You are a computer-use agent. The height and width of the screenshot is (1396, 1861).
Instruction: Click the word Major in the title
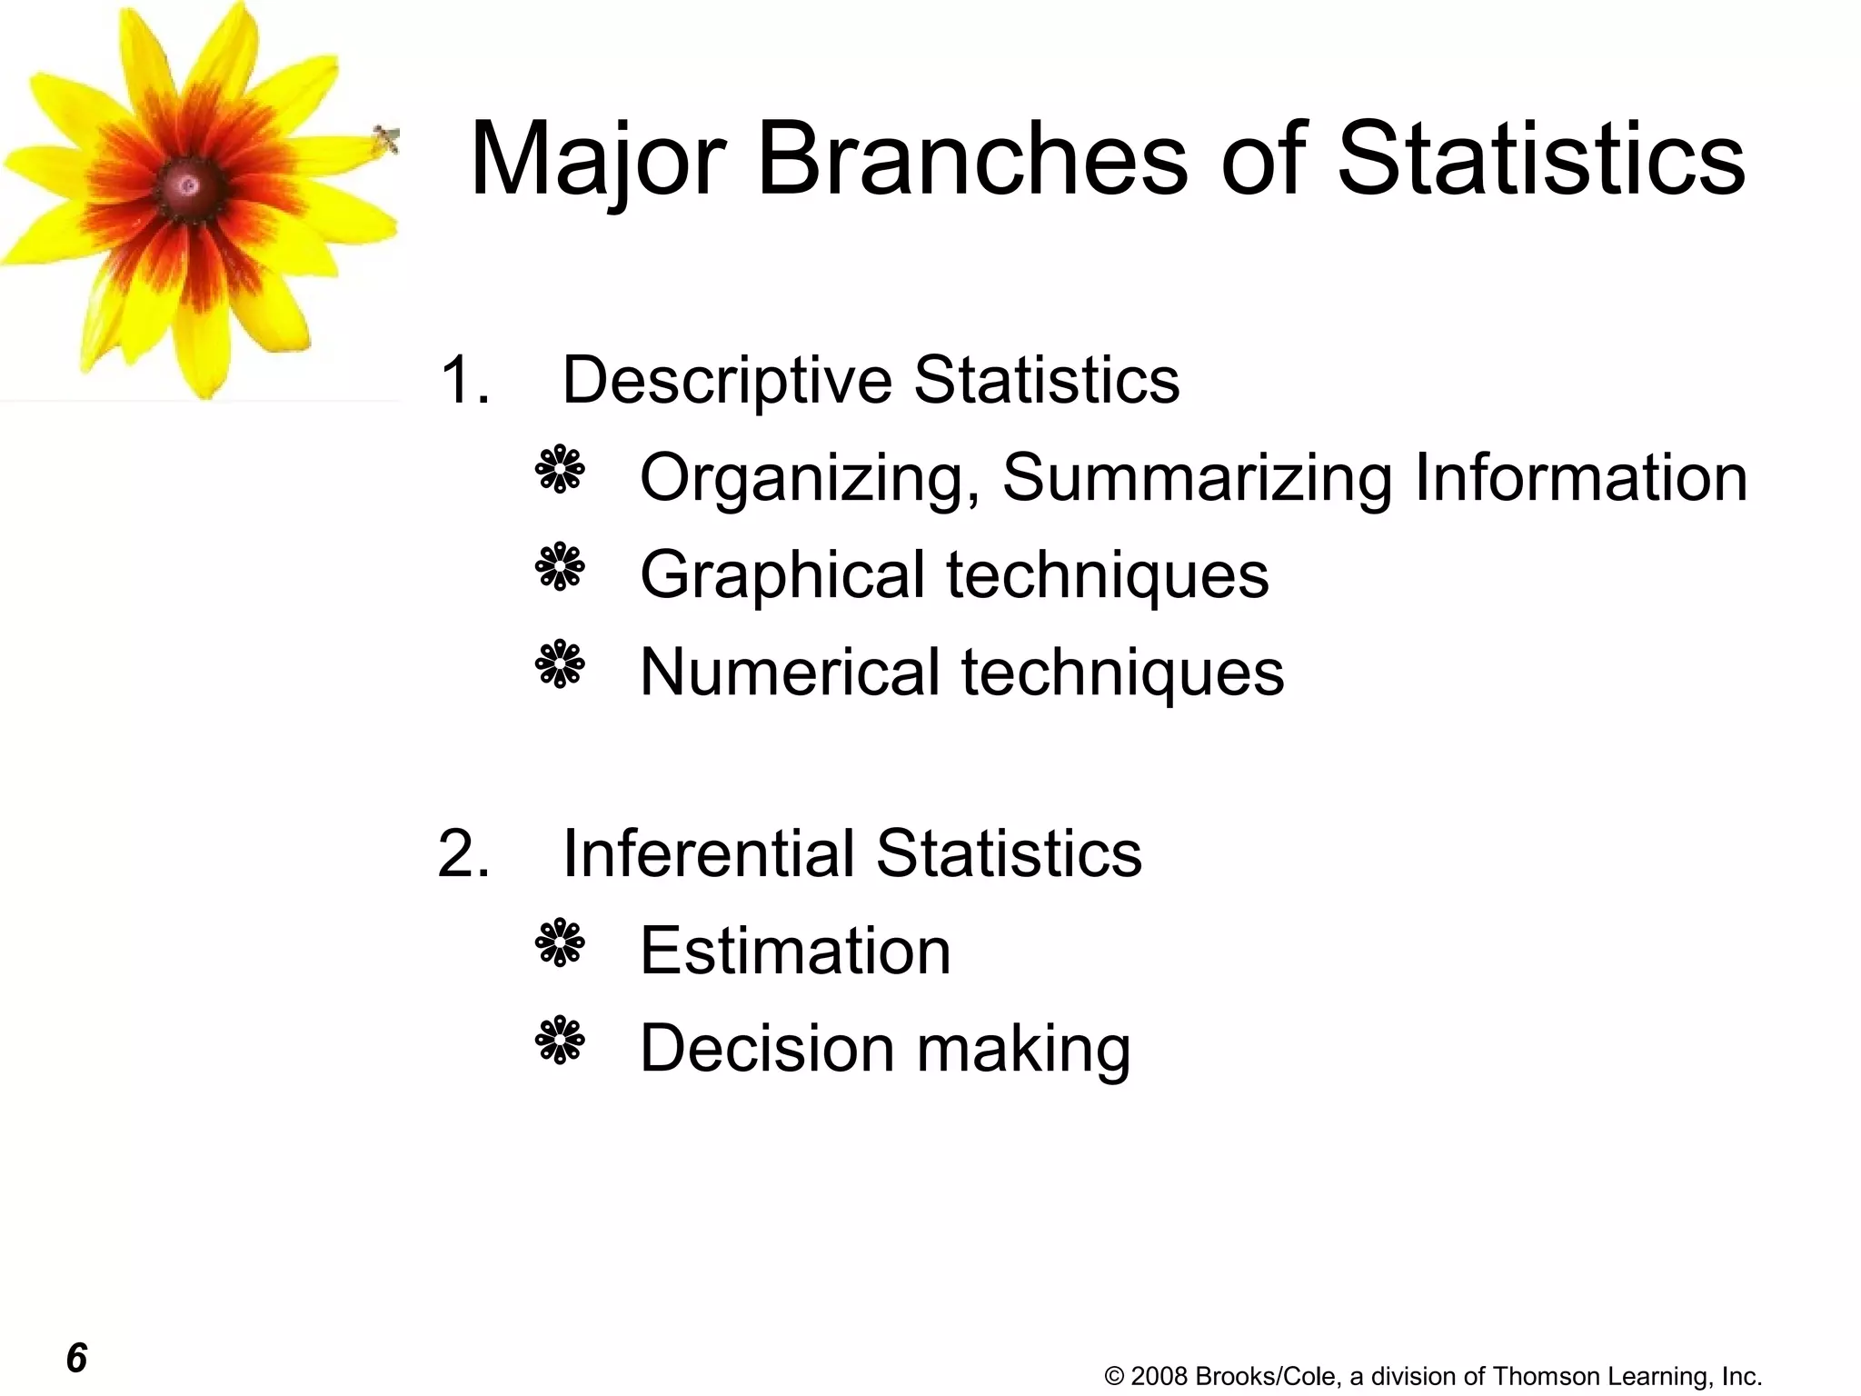pos(597,161)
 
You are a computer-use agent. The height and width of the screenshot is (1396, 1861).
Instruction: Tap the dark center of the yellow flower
pos(188,185)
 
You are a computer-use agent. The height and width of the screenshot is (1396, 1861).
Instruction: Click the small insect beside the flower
pos(386,140)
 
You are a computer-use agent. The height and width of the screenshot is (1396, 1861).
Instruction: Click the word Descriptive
pos(727,381)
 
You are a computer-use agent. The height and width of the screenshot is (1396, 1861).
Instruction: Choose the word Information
pos(1580,477)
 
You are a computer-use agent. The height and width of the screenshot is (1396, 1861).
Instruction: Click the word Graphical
pos(781,575)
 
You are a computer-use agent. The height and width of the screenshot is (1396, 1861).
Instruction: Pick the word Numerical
pos(789,672)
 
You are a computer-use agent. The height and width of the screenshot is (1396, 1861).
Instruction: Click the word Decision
pos(767,1048)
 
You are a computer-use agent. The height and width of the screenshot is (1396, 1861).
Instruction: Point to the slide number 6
pos(76,1358)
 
